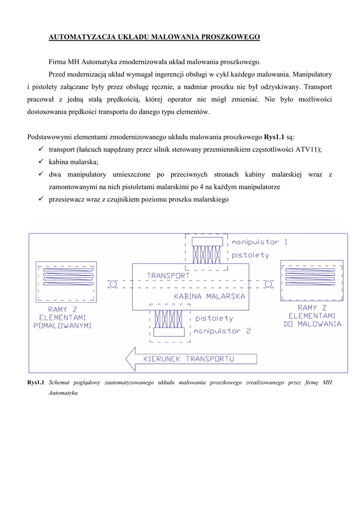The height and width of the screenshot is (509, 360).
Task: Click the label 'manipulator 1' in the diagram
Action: pos(260,242)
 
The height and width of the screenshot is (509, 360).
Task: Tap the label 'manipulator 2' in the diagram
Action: pos(222,331)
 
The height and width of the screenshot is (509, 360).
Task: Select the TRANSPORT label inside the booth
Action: pos(168,275)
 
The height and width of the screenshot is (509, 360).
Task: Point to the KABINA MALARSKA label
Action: pos(209,296)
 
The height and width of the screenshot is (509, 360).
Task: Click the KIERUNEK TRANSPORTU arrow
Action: pos(191,359)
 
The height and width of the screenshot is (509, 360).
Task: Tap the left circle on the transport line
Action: pos(113,284)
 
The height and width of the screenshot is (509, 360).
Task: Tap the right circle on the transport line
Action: pos(268,284)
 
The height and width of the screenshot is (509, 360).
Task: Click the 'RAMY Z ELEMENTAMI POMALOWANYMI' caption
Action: pos(63,318)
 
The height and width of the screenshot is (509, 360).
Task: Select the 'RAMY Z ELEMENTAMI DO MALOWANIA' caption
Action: pos(312,316)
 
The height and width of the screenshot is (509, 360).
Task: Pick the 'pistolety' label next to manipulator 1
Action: pos(251,255)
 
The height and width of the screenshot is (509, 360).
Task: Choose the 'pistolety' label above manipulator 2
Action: pos(214,318)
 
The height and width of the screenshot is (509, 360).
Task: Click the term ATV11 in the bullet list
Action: pos(308,149)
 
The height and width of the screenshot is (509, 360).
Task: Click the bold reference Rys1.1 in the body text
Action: pos(274,136)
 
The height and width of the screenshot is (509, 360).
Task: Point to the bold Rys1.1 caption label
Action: pos(36,382)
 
